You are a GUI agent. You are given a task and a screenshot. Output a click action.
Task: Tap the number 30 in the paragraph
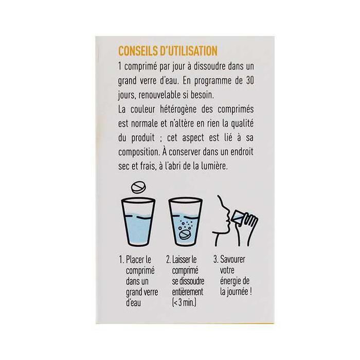coord(250,81)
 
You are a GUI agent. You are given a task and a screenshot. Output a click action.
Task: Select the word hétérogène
coord(178,110)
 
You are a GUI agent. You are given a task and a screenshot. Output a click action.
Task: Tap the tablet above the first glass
coord(138,188)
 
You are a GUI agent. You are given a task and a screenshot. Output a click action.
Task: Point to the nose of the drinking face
coord(227,211)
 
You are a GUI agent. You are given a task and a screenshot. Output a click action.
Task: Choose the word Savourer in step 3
coord(232,259)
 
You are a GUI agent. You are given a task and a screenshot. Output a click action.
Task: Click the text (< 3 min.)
coord(184,302)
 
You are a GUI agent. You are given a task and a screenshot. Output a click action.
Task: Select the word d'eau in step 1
coord(133,302)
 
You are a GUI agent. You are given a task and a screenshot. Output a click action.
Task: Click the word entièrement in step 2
coord(188,292)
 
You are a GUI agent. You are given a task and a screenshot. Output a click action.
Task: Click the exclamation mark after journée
coord(250,292)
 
